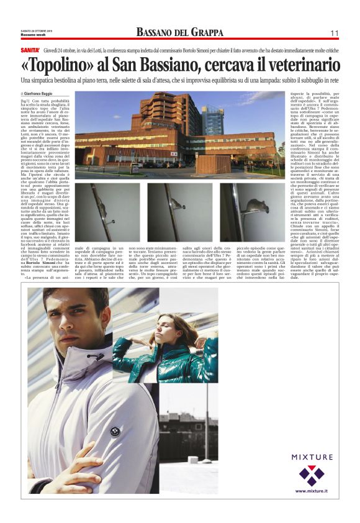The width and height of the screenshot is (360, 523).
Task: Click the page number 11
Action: pos(334,33)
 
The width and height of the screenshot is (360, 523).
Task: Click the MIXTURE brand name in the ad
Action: pos(311,457)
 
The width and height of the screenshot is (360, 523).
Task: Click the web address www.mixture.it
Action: pos(312,491)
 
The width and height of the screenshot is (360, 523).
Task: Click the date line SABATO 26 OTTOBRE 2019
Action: pos(38,30)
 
